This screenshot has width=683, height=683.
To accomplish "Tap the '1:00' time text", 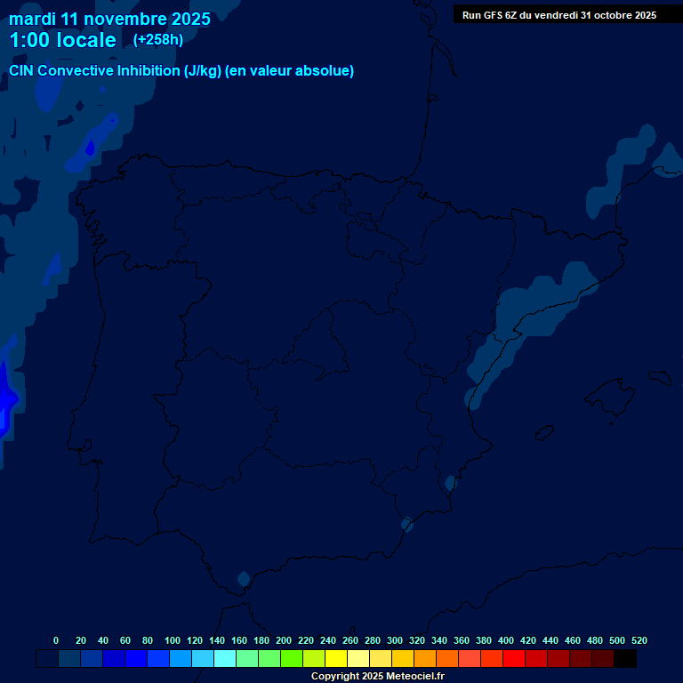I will (x=28, y=40).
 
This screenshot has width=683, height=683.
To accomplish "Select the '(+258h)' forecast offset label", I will (x=157, y=39).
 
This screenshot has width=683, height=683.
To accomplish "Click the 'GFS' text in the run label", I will (x=494, y=15).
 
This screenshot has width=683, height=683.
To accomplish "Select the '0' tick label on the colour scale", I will (x=56, y=640).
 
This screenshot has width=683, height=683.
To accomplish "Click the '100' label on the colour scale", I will (x=173, y=640).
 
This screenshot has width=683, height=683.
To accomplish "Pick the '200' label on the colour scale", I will (x=284, y=640).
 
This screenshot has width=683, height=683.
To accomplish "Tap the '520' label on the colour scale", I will (x=639, y=640).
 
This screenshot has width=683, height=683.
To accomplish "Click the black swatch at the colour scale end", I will (x=625, y=659).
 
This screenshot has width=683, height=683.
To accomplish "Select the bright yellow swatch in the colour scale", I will (x=336, y=659).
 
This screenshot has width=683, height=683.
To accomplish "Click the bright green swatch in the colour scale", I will (x=292, y=659).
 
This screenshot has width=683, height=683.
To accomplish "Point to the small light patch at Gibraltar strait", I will (x=243, y=578).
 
